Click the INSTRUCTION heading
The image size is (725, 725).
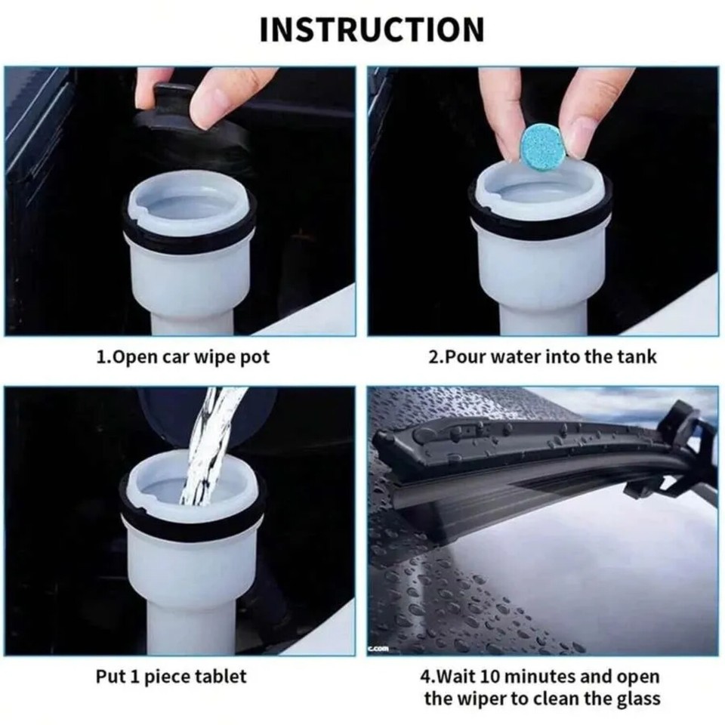pyautogui.click(x=372, y=29)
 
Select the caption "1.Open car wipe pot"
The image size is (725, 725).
pyautogui.click(x=183, y=356)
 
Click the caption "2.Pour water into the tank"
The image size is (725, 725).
pyautogui.click(x=543, y=356)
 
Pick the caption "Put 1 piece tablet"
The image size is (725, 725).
pyautogui.click(x=171, y=676)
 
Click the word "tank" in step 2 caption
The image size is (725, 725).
pyautogui.click(x=638, y=356)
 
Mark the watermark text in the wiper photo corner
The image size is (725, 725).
pyautogui.click(x=379, y=648)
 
